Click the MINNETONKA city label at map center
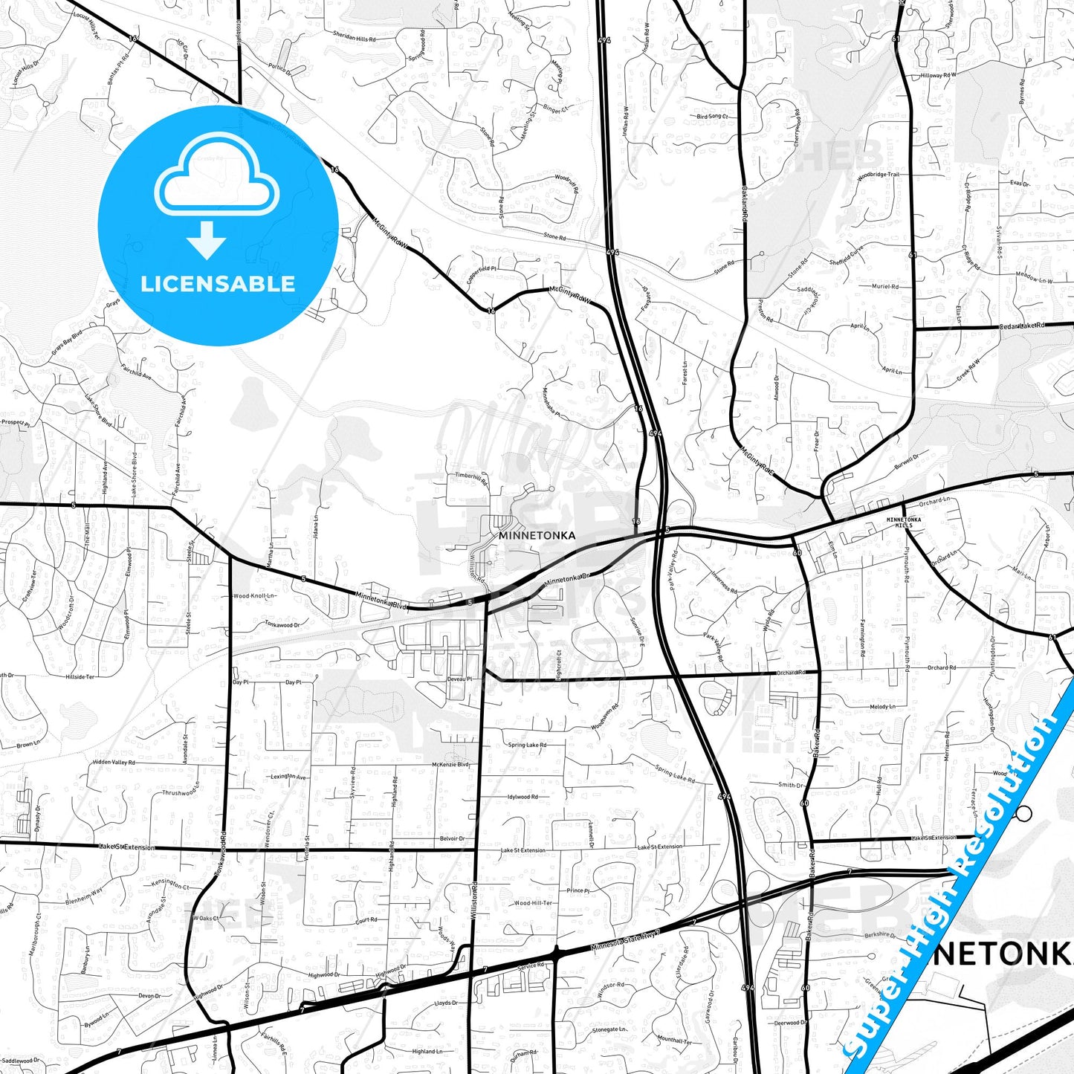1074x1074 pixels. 537,535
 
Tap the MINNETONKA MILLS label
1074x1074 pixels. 904,523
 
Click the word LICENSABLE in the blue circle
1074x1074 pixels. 218,284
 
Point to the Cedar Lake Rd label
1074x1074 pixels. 1021,326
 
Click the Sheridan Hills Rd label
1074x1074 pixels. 354,37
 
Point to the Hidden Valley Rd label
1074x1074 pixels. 114,763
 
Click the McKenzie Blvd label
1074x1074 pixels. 450,764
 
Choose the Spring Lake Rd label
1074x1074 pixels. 527,745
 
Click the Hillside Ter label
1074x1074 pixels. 80,677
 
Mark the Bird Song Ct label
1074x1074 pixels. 711,117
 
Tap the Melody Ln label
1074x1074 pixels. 882,707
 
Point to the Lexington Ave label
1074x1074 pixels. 288,777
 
